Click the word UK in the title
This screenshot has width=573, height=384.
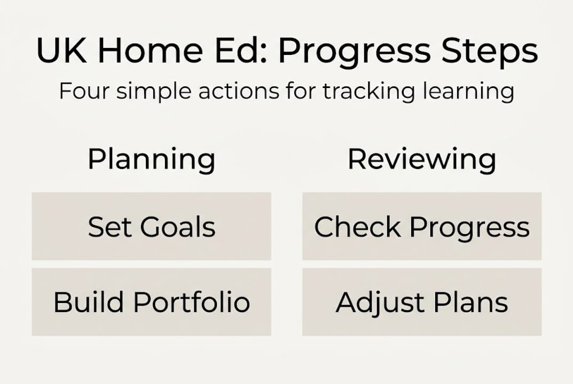61,50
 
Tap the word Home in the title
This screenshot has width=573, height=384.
150,50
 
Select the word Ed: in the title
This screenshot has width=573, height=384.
241,50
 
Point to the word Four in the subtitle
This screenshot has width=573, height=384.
84,91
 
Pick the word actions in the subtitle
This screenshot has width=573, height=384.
239,91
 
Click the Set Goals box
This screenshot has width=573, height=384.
151,226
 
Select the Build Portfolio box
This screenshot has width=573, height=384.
151,302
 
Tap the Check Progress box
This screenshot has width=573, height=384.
422,226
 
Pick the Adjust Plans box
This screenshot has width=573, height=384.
422,302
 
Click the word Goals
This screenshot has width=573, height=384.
178,227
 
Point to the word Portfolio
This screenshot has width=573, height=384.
192,302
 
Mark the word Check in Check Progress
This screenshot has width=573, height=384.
357,227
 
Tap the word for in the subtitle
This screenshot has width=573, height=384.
301,91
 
